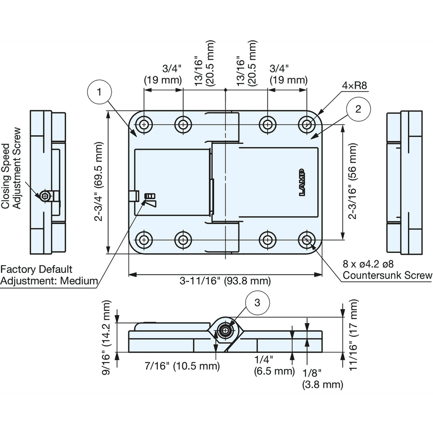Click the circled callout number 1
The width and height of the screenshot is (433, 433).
tap(99, 92)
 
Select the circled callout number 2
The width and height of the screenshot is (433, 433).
tap(358, 109)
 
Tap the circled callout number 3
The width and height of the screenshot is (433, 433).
tap(257, 303)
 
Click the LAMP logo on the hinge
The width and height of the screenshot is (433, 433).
tap(302, 182)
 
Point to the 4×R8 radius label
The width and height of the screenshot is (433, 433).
tap(354, 86)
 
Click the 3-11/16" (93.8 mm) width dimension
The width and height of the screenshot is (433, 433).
tap(225, 281)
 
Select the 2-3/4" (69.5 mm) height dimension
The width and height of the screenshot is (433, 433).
tap(98, 182)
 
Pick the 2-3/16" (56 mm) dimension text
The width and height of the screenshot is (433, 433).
tap(353, 181)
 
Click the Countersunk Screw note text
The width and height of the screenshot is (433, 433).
tap(387, 275)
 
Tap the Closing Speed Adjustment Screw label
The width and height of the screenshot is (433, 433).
tap(11, 168)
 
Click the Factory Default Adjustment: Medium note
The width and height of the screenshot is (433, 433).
tap(49, 275)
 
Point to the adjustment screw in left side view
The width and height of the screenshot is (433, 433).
tap(45, 196)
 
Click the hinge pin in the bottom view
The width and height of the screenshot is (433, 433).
tap(226, 330)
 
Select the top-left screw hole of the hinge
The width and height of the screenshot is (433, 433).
tap(143, 125)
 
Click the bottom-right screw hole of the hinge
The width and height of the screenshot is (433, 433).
tap(307, 240)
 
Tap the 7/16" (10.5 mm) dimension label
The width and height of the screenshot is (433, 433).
tap(182, 366)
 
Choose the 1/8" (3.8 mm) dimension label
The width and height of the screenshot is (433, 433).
tap(323, 379)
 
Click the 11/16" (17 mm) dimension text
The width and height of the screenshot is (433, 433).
tap(353, 335)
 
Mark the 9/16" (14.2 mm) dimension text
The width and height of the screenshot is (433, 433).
tap(106, 337)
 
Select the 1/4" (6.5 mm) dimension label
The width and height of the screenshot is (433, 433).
tap(274, 366)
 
